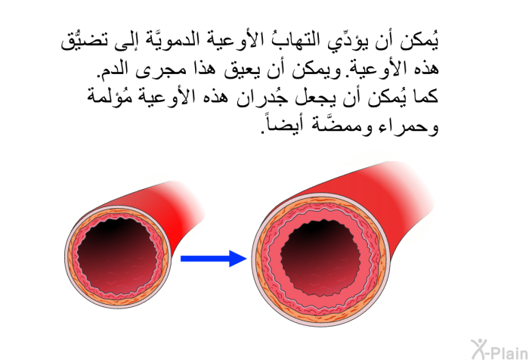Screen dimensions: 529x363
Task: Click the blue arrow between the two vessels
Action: pos(213,259)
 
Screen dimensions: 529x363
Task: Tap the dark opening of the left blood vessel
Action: pos(117,256)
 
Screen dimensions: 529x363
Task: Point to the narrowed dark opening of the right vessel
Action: pos(320,258)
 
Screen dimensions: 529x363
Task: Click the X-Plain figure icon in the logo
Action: pos(479,349)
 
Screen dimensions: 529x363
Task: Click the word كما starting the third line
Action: pos(425,96)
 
